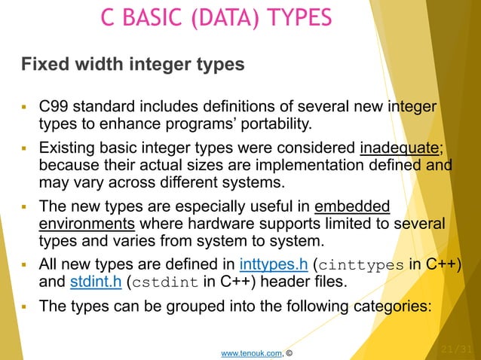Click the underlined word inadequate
tap(399, 146)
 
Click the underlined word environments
tap(86, 224)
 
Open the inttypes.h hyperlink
tap(273, 264)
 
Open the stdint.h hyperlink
tap(95, 282)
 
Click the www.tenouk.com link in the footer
tap(247, 351)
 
